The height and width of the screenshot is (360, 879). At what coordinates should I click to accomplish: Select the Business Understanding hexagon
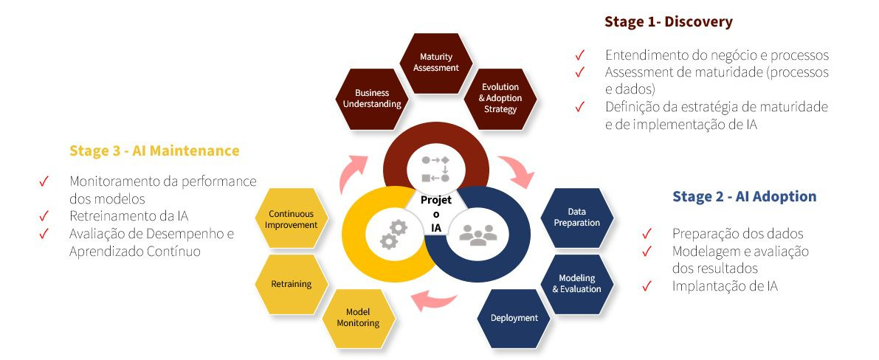pyautogui.click(x=372, y=98)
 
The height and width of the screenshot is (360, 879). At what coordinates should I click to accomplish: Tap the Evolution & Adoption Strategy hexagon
pyautogui.click(x=500, y=98)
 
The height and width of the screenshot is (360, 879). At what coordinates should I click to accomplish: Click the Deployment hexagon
pyautogui.click(x=514, y=318)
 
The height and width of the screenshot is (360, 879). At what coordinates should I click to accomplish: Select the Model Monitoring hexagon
pyautogui.click(x=358, y=318)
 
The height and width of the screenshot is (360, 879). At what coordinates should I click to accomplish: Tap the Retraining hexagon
pyautogui.click(x=292, y=284)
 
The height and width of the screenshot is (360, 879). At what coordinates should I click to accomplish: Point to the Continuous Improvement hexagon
pyautogui.click(x=292, y=219)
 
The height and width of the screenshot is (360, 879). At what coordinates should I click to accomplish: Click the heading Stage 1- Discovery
pyautogui.click(x=668, y=22)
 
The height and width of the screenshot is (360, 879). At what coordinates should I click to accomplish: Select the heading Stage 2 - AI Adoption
pyautogui.click(x=744, y=196)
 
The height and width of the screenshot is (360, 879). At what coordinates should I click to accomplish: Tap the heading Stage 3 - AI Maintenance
pyautogui.click(x=154, y=150)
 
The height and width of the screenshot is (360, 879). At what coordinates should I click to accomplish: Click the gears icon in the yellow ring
pyautogui.click(x=393, y=234)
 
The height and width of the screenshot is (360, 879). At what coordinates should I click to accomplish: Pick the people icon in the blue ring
pyautogui.click(x=478, y=234)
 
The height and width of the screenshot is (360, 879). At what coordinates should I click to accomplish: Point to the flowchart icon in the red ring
pyautogui.click(x=435, y=168)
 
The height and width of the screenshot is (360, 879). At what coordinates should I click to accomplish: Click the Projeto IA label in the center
pyautogui.click(x=435, y=214)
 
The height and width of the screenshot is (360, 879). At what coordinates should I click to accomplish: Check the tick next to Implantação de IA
pyautogui.click(x=647, y=286)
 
